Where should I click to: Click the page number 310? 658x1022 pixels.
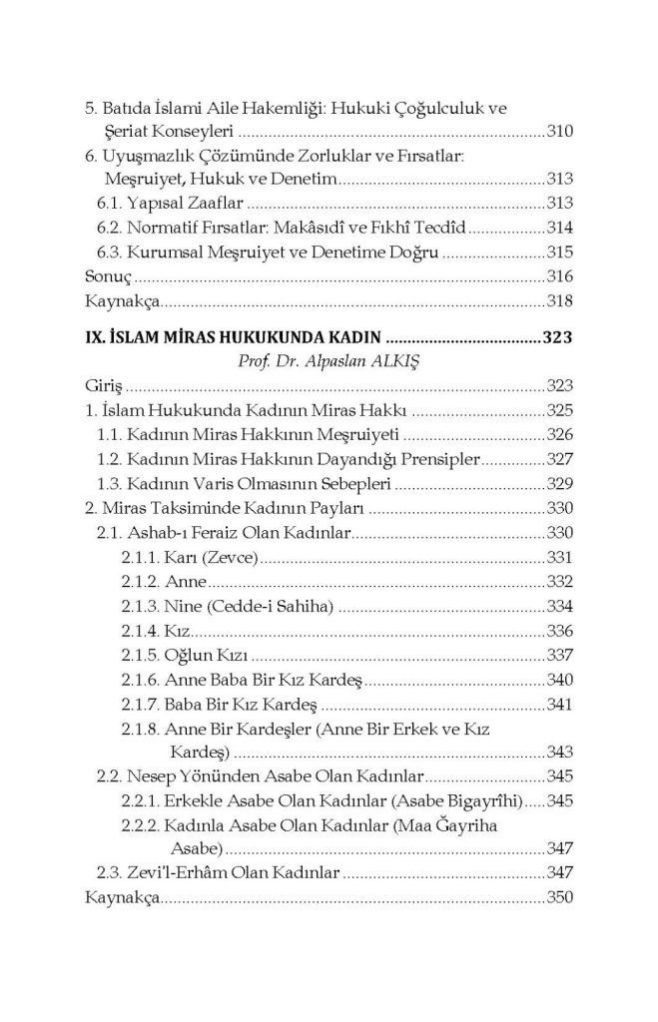pos(559,132)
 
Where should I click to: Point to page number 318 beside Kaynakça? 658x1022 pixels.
pos(559,299)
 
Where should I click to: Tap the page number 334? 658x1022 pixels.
pos(559,606)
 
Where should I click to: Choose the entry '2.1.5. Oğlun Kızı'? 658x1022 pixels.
pos(185,656)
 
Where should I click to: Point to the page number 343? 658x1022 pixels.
pos(559,751)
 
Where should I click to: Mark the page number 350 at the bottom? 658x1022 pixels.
pos(559,898)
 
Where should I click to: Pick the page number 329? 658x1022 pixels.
pos(559,483)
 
